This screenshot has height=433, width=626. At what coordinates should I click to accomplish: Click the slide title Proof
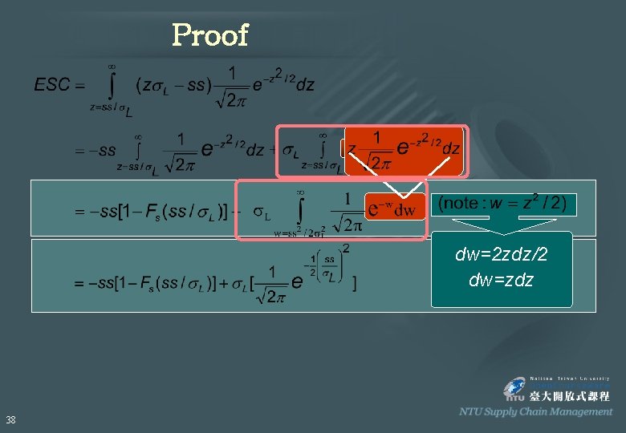point(210,35)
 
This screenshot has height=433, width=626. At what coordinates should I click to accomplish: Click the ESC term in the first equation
point(53,84)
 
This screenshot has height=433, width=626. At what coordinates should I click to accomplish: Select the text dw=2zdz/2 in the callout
point(502,255)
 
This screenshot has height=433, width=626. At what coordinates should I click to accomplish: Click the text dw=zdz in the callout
point(502,281)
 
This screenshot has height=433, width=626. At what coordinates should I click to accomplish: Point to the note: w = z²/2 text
point(502,203)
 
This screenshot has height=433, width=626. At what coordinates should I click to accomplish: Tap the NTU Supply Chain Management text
point(535,411)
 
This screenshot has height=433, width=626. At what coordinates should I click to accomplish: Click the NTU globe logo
point(514,391)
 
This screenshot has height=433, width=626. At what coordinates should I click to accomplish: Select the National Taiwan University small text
point(570,378)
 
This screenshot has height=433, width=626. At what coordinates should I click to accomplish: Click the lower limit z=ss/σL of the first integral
point(111,108)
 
